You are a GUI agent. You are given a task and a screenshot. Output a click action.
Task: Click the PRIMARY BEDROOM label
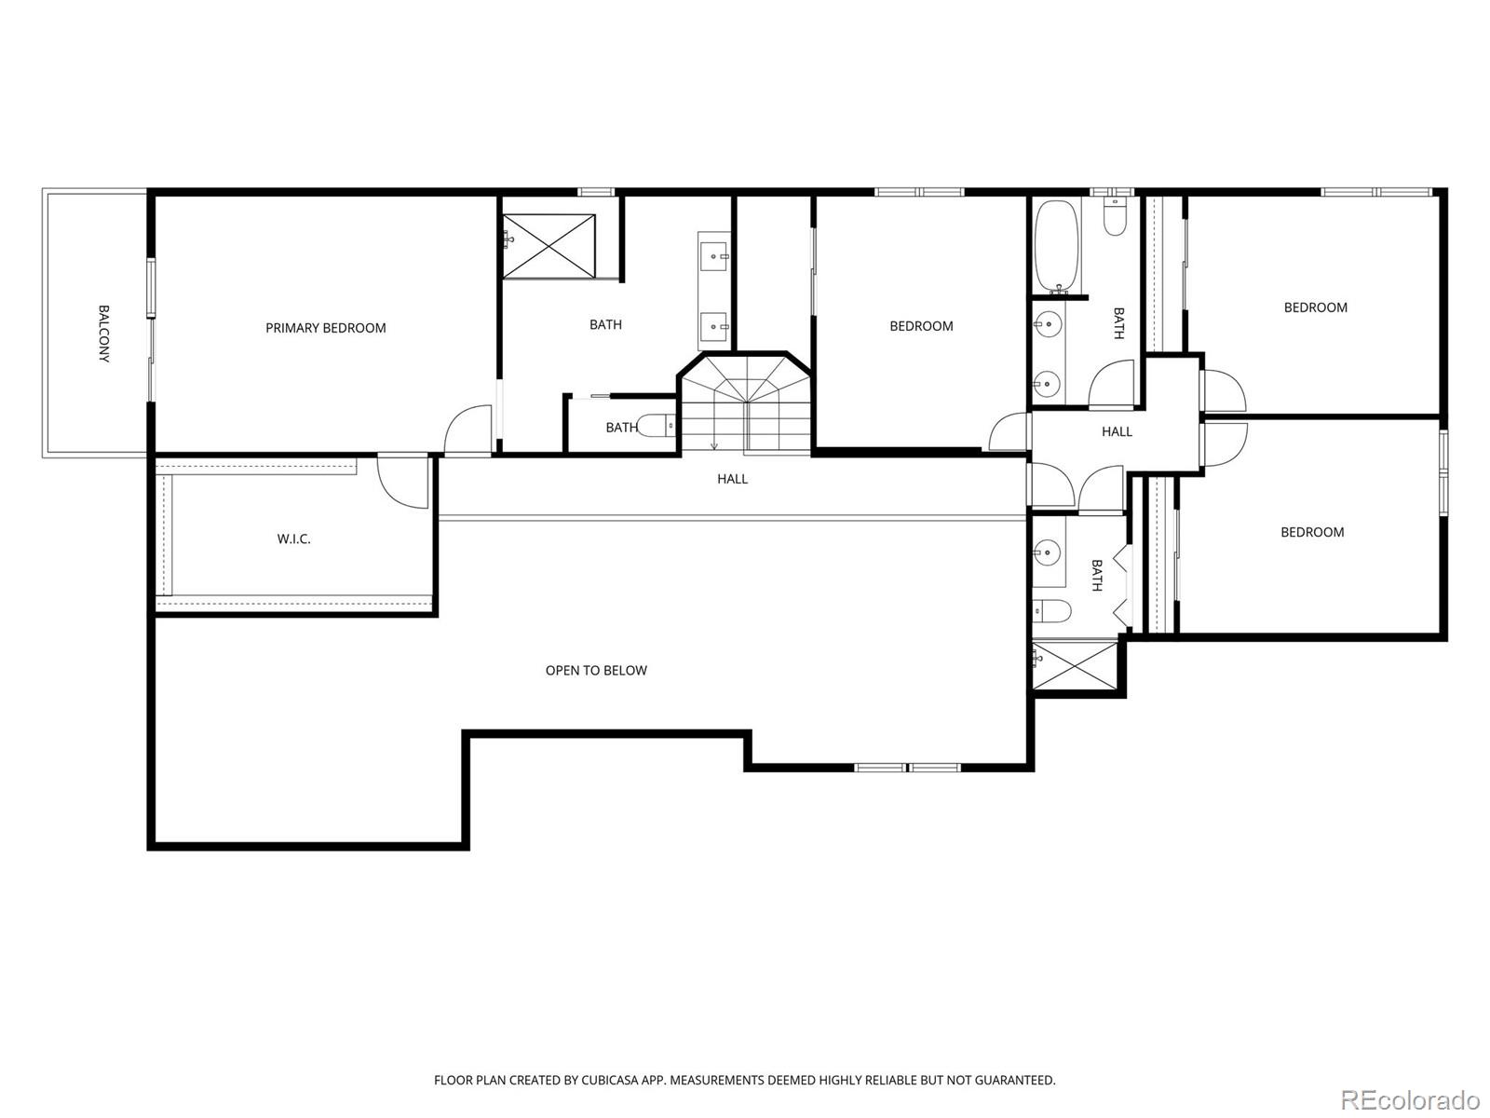(325, 328)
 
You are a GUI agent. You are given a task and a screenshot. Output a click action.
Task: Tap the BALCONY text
(103, 334)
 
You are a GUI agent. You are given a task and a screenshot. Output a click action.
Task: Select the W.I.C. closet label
(293, 539)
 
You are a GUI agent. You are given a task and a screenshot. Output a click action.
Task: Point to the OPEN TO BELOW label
(596, 670)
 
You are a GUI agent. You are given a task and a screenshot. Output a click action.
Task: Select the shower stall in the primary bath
(549, 246)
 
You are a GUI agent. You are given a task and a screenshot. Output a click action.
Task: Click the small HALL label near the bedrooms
(1117, 431)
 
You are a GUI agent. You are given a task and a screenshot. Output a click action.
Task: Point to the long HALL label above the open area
(732, 479)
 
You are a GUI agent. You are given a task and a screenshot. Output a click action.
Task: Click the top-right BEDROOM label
(1315, 307)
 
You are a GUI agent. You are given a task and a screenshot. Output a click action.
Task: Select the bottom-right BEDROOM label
(1311, 532)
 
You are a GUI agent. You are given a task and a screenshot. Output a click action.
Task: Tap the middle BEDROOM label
(921, 326)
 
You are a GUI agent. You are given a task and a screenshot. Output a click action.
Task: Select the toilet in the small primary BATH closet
(663, 428)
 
